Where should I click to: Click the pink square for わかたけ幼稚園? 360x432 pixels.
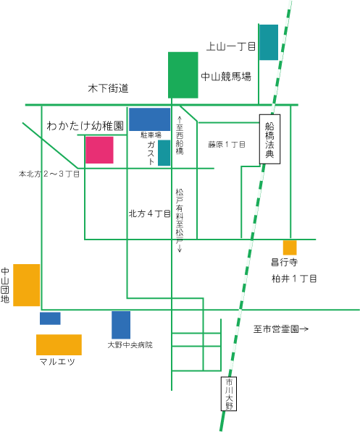pyautogui.click(x=99, y=150)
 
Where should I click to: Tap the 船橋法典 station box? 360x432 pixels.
pyautogui.click(x=269, y=139)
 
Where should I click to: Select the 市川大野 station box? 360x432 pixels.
pyautogui.click(x=229, y=394)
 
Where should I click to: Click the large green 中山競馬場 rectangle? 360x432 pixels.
pyautogui.click(x=183, y=75)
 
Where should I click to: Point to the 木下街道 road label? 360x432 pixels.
pyautogui.click(x=108, y=88)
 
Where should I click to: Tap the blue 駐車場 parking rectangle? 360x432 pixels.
pyautogui.click(x=149, y=119)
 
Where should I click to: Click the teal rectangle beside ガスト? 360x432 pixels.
pyautogui.click(x=164, y=153)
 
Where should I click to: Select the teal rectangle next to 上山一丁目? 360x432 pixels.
pyautogui.click(x=269, y=42)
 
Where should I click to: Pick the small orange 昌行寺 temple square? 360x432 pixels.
pyautogui.click(x=290, y=247)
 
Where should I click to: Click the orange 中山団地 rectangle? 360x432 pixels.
pyautogui.click(x=27, y=285)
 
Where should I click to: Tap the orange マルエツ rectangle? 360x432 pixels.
pyautogui.click(x=59, y=344)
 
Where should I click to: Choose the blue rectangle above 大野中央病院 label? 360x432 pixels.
pyautogui.click(x=121, y=325)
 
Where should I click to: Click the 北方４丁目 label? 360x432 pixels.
pyautogui.click(x=150, y=213)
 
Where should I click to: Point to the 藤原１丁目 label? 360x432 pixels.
pyautogui.click(x=227, y=145)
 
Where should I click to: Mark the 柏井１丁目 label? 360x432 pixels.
pyautogui.click(x=294, y=279)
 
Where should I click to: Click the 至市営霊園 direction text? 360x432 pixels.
pyautogui.click(x=280, y=329)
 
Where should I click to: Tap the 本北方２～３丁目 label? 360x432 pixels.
pyautogui.click(x=49, y=174)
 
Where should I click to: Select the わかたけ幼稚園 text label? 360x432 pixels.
pyautogui.click(x=85, y=126)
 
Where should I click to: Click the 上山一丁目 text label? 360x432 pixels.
pyautogui.click(x=231, y=46)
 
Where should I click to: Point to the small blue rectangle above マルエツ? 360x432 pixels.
pyautogui.click(x=50, y=318)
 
